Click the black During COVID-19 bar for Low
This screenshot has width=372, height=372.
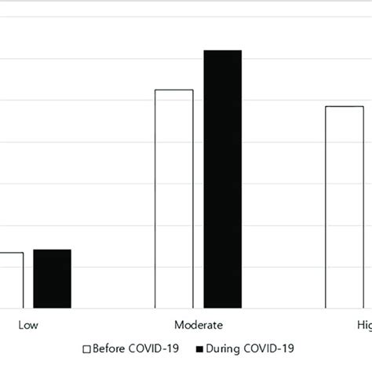point(52,279)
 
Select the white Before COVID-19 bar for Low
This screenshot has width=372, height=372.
point(11,280)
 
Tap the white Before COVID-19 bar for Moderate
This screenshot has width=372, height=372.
point(174,199)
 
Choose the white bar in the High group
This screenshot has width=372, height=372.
point(344,207)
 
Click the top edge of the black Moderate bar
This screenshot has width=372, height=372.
point(223,51)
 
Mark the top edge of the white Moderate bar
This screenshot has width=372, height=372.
point(174,90)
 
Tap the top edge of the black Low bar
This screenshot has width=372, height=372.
point(52,250)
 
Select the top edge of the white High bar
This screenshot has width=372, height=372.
point(344,107)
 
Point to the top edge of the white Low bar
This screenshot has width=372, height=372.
point(11,253)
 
